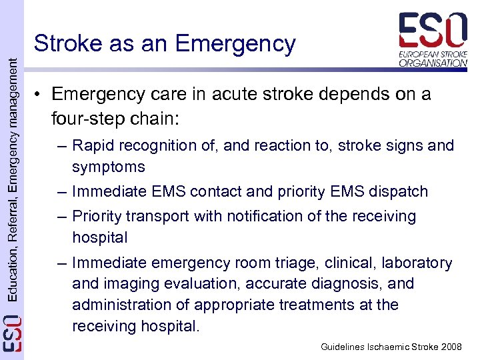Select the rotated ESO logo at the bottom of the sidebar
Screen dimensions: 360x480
11,334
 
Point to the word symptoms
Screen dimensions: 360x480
109,167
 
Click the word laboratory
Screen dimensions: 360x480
417,263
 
